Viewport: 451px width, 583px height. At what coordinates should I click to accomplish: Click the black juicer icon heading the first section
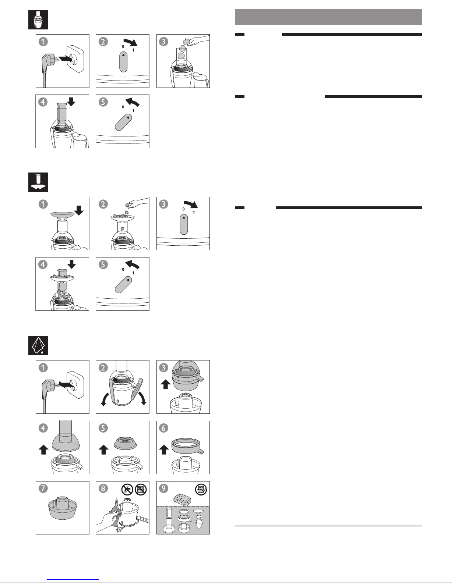tap(38, 19)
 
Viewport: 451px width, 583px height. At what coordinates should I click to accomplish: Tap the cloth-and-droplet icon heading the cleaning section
tap(38, 345)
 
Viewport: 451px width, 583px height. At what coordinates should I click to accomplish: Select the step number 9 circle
tap(163, 488)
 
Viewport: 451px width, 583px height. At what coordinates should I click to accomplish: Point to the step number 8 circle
tap(103, 488)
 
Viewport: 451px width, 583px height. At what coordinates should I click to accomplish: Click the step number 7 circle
tap(43, 488)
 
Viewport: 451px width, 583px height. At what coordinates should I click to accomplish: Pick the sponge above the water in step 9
tap(182, 499)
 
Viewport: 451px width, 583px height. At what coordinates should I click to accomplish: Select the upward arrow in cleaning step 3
tap(165, 384)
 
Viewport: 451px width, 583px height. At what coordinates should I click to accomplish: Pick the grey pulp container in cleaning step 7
tap(62, 508)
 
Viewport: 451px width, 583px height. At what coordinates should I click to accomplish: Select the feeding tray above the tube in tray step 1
tap(63, 214)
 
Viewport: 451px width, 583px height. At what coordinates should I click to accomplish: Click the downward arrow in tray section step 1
tap(79, 210)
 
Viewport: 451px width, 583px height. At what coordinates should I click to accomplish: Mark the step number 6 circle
tap(163, 428)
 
